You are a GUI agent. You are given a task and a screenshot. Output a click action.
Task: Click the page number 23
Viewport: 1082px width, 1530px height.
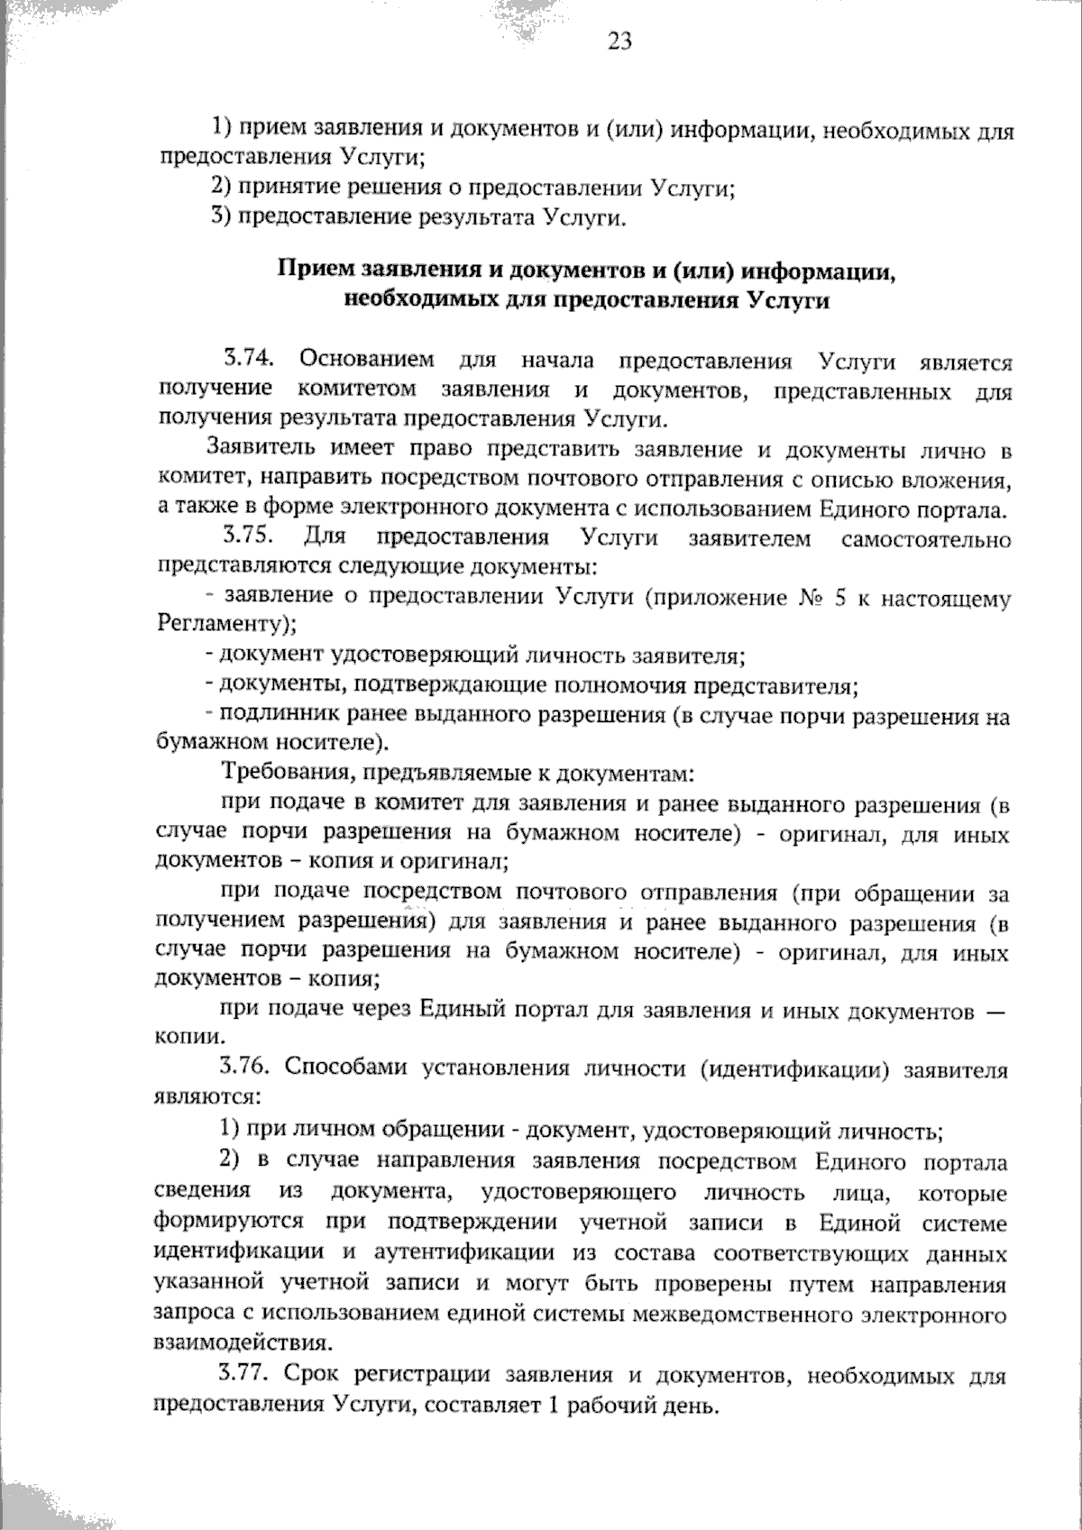[x=620, y=41]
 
